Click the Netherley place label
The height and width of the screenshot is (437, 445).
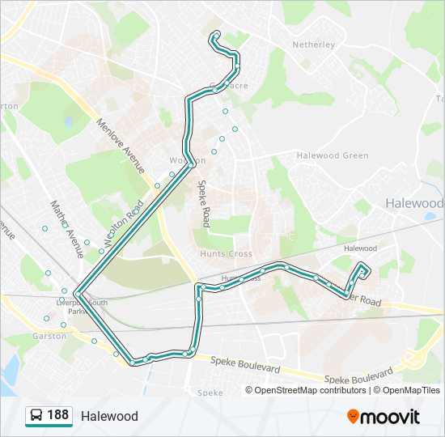coord(313,45)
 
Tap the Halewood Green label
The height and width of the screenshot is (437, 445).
coord(333,155)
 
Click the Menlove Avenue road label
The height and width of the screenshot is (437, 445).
coord(121,146)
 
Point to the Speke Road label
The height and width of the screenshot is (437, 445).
coord(204,203)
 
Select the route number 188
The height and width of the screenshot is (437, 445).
coord(57,416)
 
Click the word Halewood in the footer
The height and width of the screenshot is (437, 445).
coord(109,417)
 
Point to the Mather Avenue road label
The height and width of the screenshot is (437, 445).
coord(67,229)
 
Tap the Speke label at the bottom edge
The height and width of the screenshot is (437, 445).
coord(210,392)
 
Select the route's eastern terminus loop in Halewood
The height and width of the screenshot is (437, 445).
coord(362,271)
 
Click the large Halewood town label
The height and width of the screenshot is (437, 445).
coord(413,202)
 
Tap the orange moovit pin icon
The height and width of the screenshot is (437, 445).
coord(354,417)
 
